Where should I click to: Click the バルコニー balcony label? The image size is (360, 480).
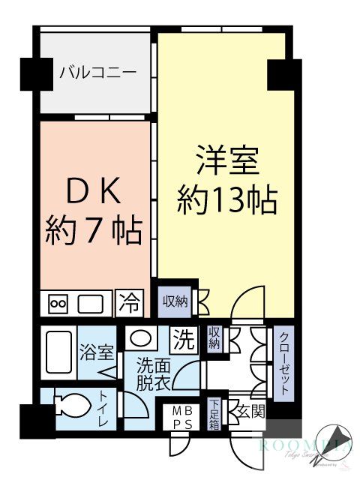(97, 73)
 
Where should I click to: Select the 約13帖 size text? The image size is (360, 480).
(227, 200)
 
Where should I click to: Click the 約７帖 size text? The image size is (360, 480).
(93, 231)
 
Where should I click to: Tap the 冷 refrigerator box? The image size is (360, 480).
(129, 303)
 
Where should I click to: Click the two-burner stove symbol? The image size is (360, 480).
(58, 304)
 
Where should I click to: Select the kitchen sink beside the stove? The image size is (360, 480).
(91, 304)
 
